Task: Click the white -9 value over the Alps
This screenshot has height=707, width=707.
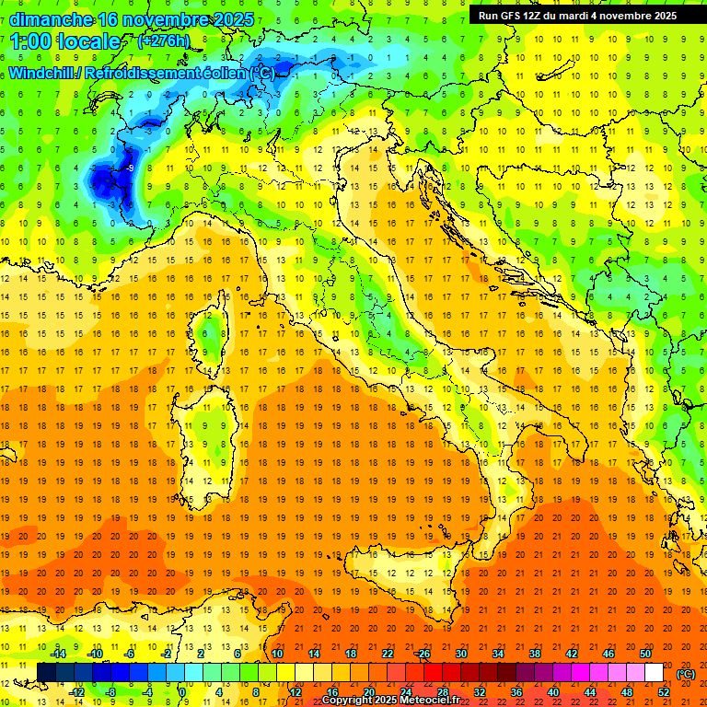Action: tap(132, 168)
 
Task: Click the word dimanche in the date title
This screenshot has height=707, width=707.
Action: tap(51, 18)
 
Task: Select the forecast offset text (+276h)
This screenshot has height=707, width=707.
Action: tap(165, 41)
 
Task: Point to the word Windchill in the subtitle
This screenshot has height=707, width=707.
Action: tap(43, 73)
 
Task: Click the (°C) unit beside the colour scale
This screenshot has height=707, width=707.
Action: tap(686, 674)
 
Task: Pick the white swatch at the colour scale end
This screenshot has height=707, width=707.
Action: tap(654, 672)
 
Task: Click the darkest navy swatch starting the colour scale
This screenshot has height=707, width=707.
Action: tap(46, 672)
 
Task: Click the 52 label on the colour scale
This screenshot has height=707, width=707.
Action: tap(664, 691)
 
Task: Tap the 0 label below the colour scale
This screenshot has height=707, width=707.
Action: tap(182, 691)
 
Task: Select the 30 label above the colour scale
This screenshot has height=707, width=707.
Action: tap(460, 654)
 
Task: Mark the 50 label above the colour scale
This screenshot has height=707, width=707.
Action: tap(644, 654)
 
